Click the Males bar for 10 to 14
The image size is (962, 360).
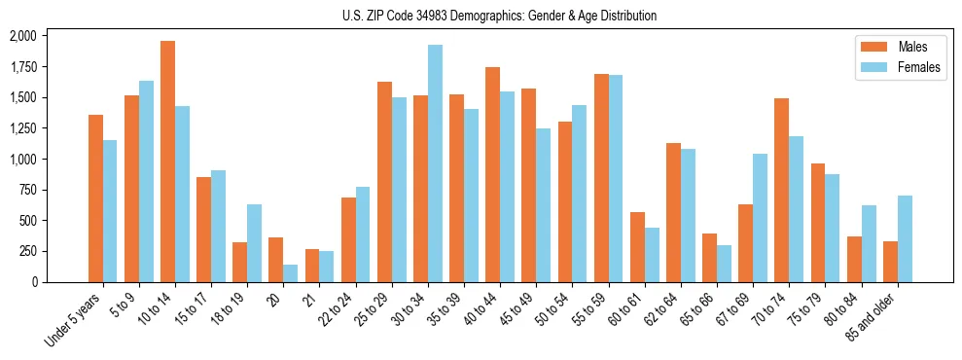167,162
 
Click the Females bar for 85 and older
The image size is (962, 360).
905,238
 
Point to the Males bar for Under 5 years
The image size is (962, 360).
95,198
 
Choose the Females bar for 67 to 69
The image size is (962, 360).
760,218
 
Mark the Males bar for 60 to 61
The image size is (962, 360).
637,247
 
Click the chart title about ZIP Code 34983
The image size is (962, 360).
500,16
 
